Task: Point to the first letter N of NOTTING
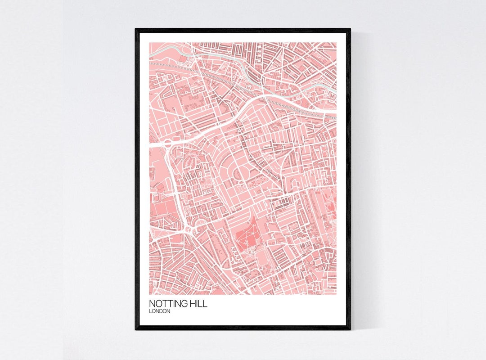coord(152,304)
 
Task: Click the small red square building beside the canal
coord(182,58)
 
